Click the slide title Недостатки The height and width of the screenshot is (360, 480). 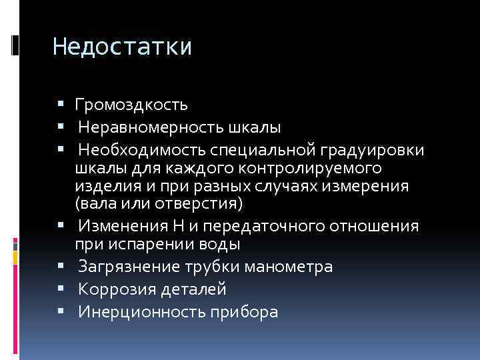tap(122, 47)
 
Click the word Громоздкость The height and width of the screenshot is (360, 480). tap(131, 105)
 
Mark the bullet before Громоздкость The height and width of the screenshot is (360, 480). tap(61, 105)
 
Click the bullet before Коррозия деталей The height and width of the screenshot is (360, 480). tap(61, 289)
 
